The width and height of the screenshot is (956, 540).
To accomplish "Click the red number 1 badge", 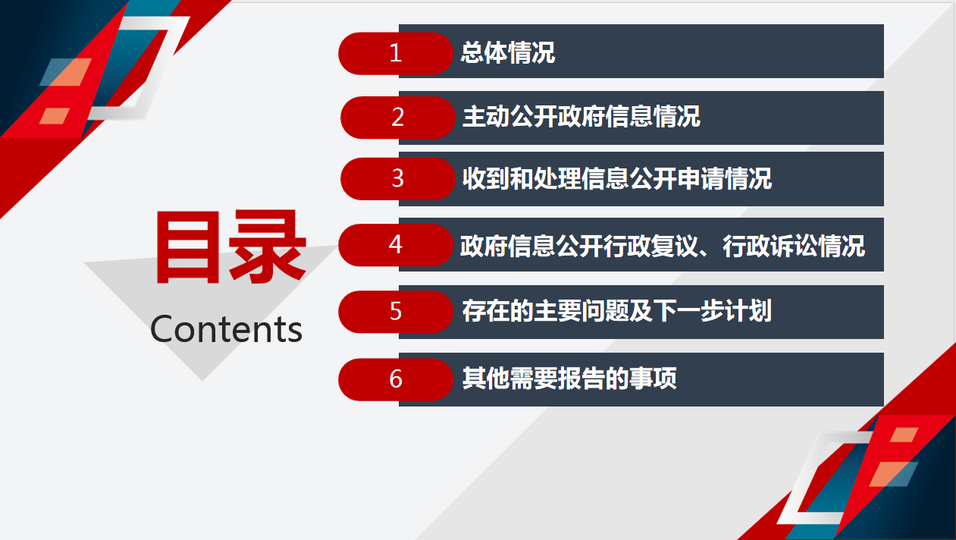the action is tap(396, 53).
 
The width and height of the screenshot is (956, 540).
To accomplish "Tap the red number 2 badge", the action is tap(398, 118).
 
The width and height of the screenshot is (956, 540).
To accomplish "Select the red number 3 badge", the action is tap(398, 179).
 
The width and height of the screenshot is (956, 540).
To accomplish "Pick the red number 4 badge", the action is tap(396, 245).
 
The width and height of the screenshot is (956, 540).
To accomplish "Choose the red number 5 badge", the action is tap(396, 312).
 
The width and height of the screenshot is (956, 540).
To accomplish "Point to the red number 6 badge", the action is tap(396, 379).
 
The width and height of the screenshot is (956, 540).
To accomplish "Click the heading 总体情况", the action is tap(508, 53).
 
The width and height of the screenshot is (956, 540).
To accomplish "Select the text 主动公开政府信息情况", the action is tap(581, 117).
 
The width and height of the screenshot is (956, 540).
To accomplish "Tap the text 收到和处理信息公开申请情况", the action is tap(617, 178).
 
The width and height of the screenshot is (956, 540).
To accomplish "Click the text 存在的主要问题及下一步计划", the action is tap(617, 311).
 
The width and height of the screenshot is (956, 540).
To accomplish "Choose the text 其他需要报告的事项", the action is tap(569, 378).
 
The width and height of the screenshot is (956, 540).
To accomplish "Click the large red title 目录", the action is tap(230, 246).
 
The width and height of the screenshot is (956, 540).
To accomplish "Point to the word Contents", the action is tap(226, 329).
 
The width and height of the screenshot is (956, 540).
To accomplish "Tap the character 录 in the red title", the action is tap(268, 246).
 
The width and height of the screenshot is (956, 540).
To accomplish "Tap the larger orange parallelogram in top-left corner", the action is tap(66, 72).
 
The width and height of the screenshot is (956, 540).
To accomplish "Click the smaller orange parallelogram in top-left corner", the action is tap(55, 116).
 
